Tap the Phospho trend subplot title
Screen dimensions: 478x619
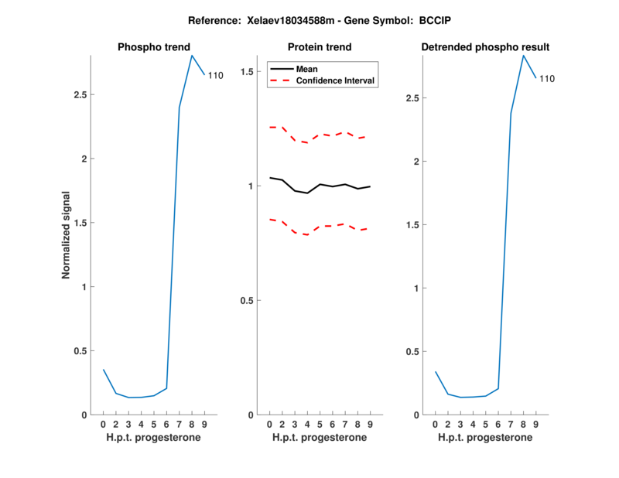point(153,47)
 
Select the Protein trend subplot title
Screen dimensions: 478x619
point(320,47)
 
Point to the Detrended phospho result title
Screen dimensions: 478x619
point(485,47)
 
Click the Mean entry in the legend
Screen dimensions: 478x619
point(307,69)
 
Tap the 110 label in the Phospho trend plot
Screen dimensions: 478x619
point(215,76)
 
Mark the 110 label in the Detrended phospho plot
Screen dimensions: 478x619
point(547,79)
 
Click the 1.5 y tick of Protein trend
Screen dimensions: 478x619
point(248,72)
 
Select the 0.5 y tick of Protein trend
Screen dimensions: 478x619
point(248,301)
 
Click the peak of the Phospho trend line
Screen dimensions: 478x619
point(191,55)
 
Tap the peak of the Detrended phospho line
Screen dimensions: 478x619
point(523,55)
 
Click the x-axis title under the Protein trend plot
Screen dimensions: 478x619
point(319,438)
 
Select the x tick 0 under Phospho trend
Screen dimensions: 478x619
point(103,425)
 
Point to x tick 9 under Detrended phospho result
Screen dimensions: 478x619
point(535,425)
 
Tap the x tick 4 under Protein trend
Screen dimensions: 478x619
point(307,425)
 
